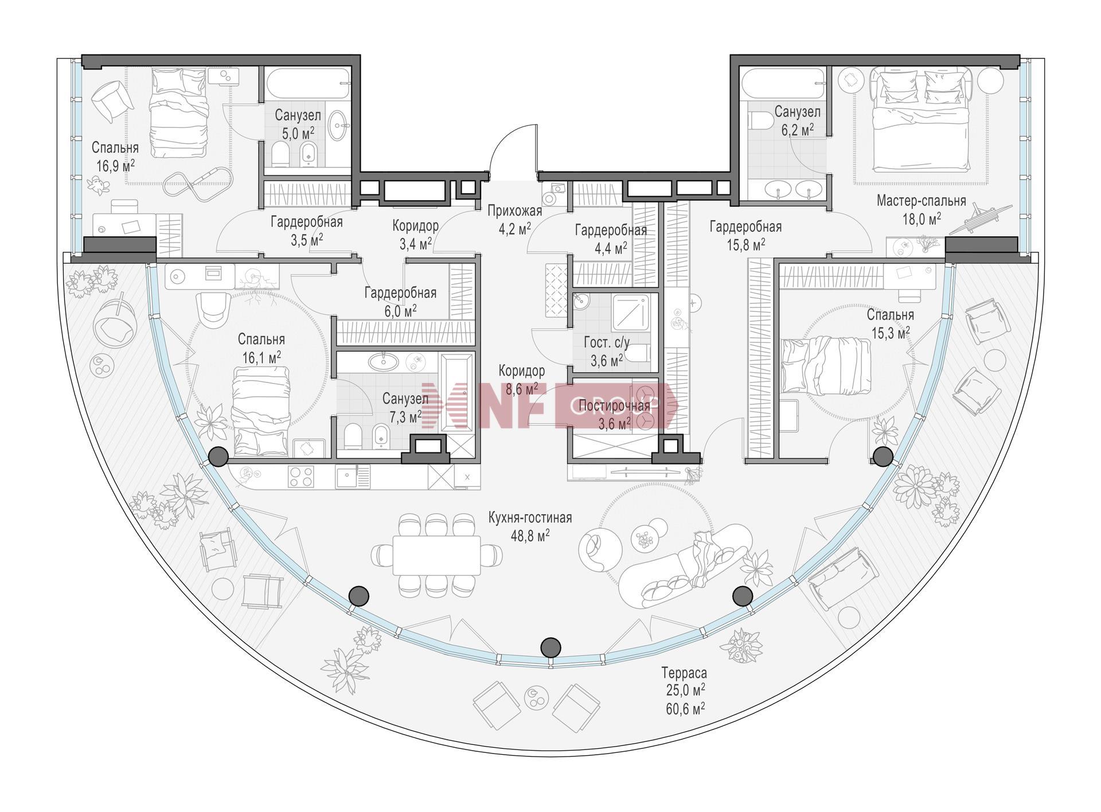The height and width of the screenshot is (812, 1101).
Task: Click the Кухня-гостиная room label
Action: coord(530,518)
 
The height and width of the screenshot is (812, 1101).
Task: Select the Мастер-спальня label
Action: coord(921,201)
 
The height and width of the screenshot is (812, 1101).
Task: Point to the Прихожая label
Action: coord(514,212)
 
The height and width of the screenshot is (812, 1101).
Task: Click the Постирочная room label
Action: coord(615,406)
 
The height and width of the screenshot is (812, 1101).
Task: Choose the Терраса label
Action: coord(684,673)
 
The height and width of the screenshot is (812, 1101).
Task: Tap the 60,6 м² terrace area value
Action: coord(684,709)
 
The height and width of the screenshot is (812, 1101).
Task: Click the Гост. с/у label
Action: coord(607,343)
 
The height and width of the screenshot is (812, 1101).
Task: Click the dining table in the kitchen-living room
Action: coord(436,555)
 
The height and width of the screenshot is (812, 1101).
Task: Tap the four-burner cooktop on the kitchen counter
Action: coord(301,476)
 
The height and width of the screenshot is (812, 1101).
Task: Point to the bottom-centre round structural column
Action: coord(550,647)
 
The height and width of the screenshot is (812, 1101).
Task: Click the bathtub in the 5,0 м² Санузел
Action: coord(308,84)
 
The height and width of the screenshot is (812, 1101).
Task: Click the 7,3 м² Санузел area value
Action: coord(405,417)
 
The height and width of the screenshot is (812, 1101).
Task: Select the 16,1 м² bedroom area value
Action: coord(261,358)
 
